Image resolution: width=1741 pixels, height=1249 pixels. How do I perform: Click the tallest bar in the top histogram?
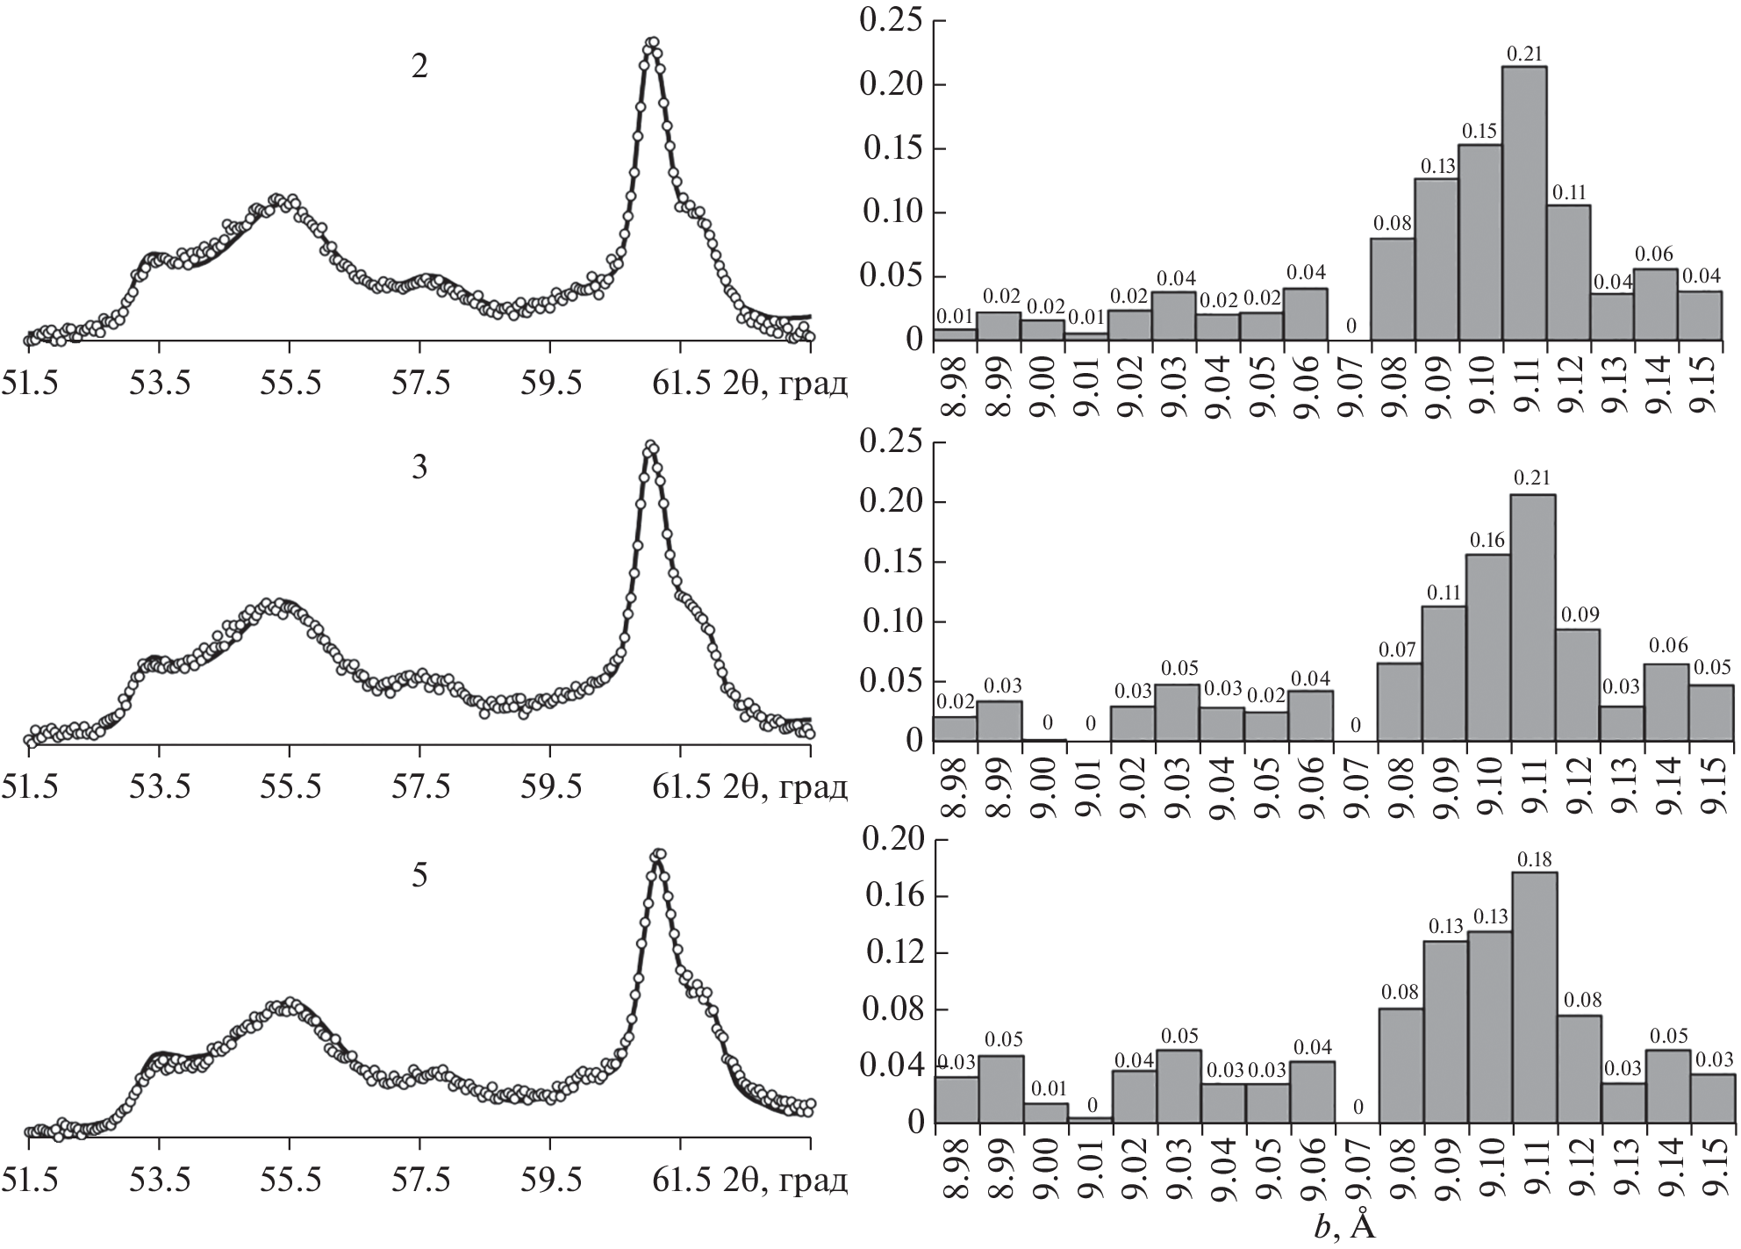click(x=1524, y=204)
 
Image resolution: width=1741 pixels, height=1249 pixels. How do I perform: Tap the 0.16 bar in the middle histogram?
click(x=1488, y=648)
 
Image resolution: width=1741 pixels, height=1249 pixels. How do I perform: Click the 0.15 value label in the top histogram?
click(x=1479, y=132)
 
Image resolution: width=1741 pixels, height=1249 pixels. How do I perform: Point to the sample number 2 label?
click(x=420, y=68)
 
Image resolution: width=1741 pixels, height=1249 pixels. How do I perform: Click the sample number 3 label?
click(x=420, y=468)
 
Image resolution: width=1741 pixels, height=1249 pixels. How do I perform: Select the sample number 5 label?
click(x=420, y=875)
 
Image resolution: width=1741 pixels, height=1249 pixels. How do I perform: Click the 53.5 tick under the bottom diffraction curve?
click(x=160, y=1181)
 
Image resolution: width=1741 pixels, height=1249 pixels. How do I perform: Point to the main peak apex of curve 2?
click(x=651, y=42)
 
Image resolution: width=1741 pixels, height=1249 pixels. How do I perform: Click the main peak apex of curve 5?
click(x=658, y=854)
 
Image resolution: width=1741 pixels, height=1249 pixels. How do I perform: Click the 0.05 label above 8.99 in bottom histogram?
click(x=1001, y=1041)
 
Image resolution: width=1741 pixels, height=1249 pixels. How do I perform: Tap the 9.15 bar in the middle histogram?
click(x=1710, y=713)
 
